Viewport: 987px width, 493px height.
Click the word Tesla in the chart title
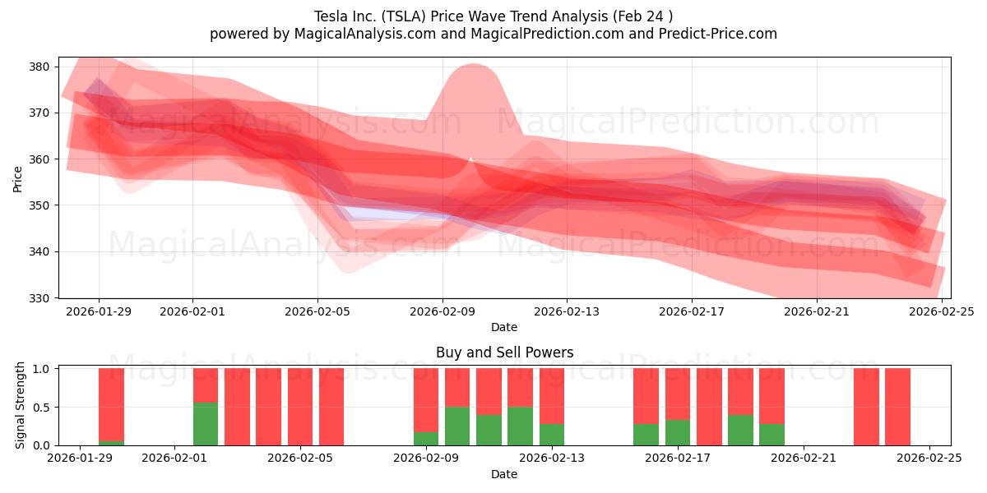click(x=331, y=16)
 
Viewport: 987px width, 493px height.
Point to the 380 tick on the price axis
click(x=39, y=67)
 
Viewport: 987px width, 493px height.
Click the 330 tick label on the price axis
click(x=39, y=298)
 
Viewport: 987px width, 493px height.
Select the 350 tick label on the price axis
click(x=39, y=205)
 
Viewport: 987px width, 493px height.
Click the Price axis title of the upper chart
click(x=18, y=178)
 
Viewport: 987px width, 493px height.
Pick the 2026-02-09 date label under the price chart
click(x=442, y=311)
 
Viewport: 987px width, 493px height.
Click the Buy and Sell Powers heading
click(x=504, y=352)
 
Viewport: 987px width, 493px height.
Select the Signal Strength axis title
click(x=21, y=406)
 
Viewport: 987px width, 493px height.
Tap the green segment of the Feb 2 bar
click(x=206, y=424)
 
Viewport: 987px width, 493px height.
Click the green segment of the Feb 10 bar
click(x=457, y=426)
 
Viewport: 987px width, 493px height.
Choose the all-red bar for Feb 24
click(x=897, y=407)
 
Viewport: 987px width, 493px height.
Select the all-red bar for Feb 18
click(x=709, y=407)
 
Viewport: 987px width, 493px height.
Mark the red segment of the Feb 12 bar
click(x=520, y=387)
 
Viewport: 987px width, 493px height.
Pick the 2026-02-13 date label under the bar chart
click(x=552, y=458)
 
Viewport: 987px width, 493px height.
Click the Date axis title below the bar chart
click(x=504, y=474)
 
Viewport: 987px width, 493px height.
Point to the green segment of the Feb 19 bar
click(x=740, y=430)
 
